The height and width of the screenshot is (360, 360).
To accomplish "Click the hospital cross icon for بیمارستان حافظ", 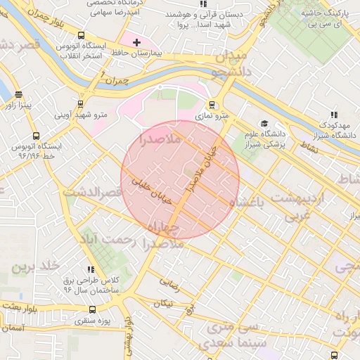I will (136, 43).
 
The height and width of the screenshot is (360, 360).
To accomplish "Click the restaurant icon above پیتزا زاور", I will (18, 96).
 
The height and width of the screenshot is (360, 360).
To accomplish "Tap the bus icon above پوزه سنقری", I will (92, 309).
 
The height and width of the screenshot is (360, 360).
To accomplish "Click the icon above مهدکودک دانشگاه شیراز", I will (333, 115).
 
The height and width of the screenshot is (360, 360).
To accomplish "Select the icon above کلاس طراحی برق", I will (90, 269).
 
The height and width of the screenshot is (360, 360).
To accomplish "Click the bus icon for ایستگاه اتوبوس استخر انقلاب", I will (82, 35).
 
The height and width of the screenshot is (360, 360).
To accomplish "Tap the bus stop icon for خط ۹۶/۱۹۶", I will (36, 136).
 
